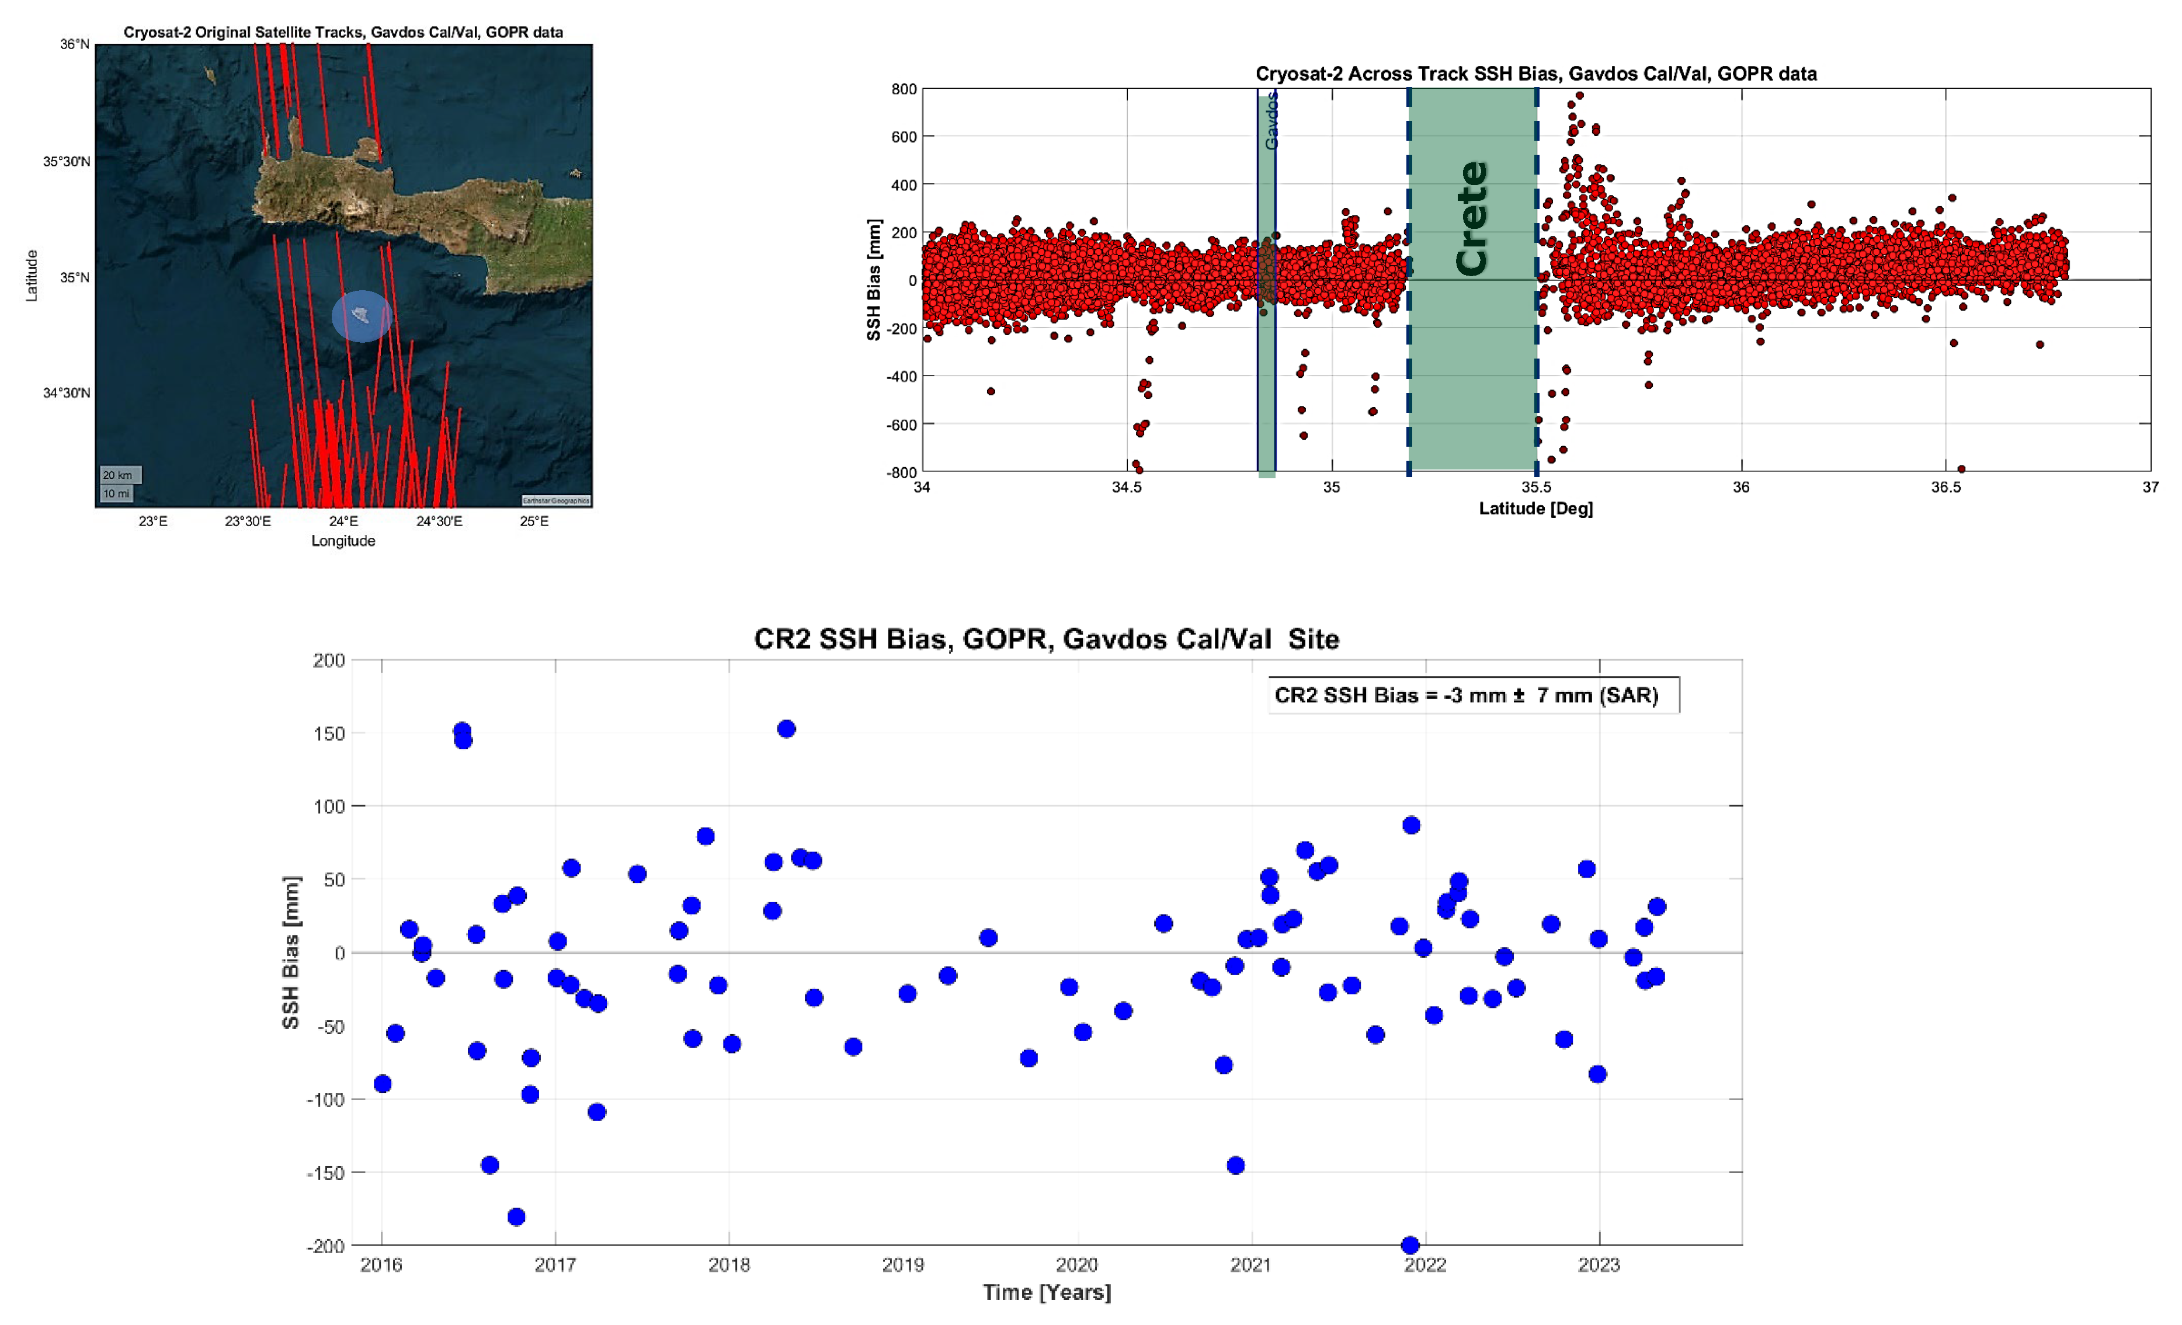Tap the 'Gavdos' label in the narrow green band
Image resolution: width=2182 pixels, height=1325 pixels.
click(x=1271, y=122)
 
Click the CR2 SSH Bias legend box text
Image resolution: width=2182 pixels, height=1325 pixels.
click(x=1465, y=695)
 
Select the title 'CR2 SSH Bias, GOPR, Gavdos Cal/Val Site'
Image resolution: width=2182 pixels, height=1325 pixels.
click(x=1046, y=639)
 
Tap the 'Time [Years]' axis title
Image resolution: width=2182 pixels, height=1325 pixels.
click(x=1047, y=1292)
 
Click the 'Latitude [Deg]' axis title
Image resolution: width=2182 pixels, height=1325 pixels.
click(x=1535, y=509)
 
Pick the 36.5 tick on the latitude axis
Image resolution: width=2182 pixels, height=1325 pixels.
click(x=1945, y=487)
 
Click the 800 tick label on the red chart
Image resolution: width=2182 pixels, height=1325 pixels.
click(x=904, y=89)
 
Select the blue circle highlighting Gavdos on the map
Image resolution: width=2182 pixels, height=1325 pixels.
click(x=362, y=316)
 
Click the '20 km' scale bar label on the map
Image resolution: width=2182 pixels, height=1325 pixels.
click(x=118, y=475)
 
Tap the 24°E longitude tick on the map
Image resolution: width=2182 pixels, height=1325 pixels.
click(x=343, y=521)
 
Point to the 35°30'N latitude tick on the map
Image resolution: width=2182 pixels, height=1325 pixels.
click(x=67, y=161)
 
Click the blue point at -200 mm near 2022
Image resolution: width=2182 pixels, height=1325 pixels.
click(x=1410, y=1245)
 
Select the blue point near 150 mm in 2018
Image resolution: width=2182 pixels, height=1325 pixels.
click(x=786, y=729)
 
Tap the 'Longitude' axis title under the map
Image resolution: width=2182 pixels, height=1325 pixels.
click(x=343, y=541)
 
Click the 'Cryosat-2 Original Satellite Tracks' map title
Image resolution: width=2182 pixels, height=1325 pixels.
click(x=343, y=33)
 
